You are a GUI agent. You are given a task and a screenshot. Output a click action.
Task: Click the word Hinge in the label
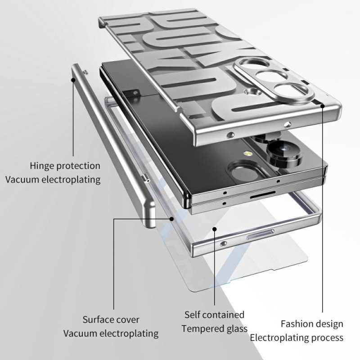(42, 166)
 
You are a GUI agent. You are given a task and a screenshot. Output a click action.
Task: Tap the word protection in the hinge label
(78, 166)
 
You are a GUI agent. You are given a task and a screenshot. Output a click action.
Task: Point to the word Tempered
(200, 329)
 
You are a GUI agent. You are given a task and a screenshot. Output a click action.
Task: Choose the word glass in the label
(234, 329)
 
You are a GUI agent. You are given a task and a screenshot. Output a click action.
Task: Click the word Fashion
(296, 324)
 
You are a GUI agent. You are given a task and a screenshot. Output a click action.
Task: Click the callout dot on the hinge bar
(73, 80)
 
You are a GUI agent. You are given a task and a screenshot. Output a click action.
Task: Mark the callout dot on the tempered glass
(215, 229)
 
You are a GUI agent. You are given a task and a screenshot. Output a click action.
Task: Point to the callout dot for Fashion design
(323, 106)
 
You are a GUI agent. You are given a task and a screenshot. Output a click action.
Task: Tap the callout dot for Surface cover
(171, 219)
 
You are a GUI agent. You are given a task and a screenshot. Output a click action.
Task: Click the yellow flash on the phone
(247, 153)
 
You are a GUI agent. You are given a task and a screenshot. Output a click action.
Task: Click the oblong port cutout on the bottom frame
(260, 234)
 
